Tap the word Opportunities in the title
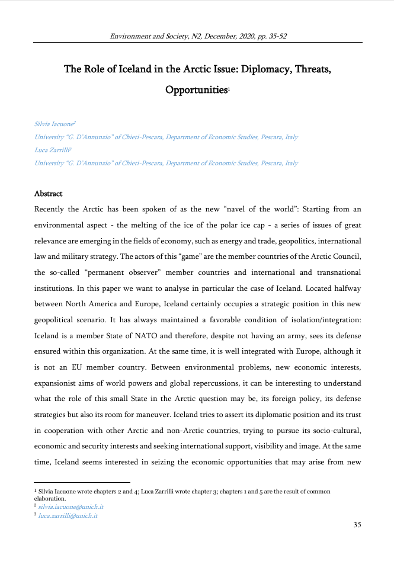pos(196,90)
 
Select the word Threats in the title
pos(308,69)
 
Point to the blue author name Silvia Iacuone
pos(54,124)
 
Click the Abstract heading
pos(49,194)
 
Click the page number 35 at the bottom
pos(357,524)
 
